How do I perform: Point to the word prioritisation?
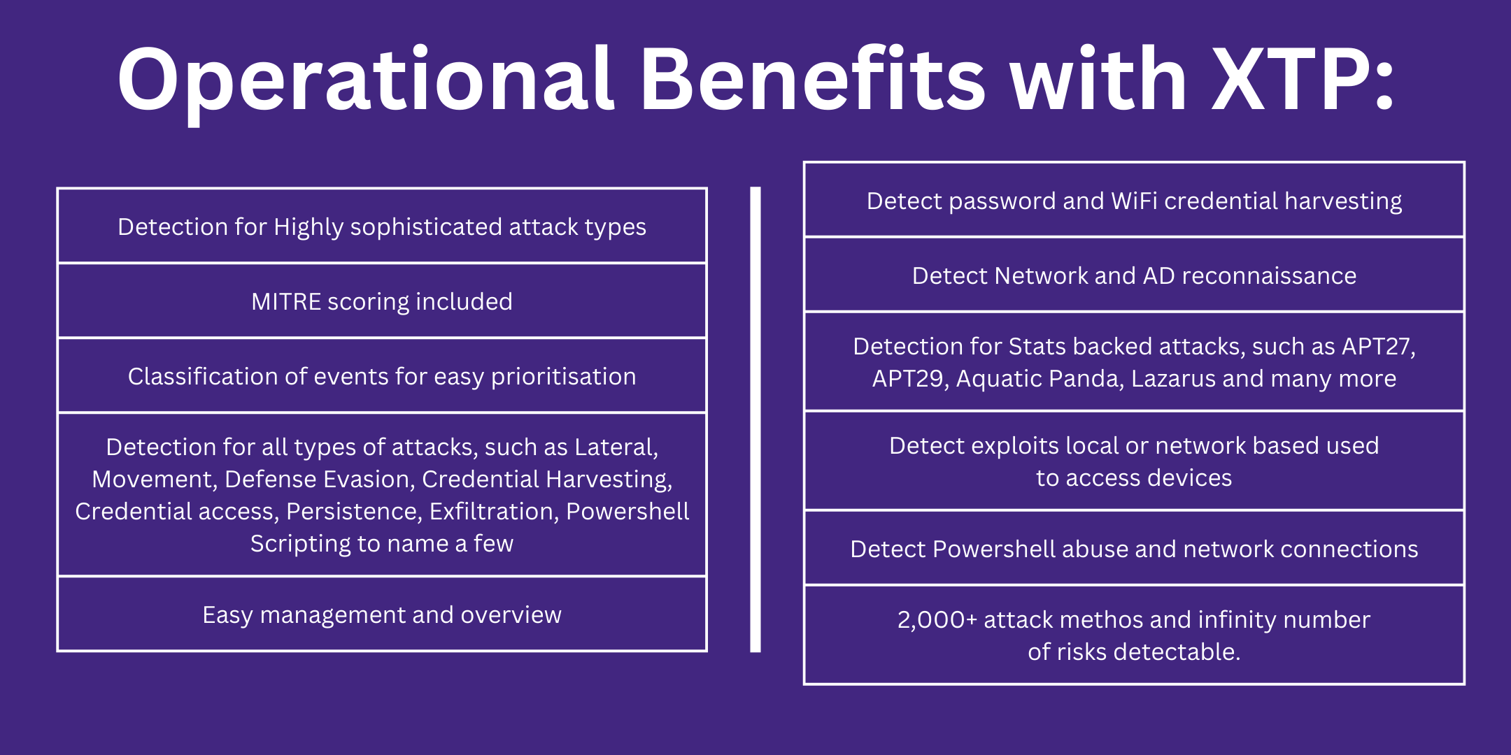pos(563,377)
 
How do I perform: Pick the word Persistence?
pos(354,512)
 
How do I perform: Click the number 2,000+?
pos(937,620)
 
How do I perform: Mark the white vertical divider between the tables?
pos(755,419)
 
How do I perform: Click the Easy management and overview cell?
pos(382,614)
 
